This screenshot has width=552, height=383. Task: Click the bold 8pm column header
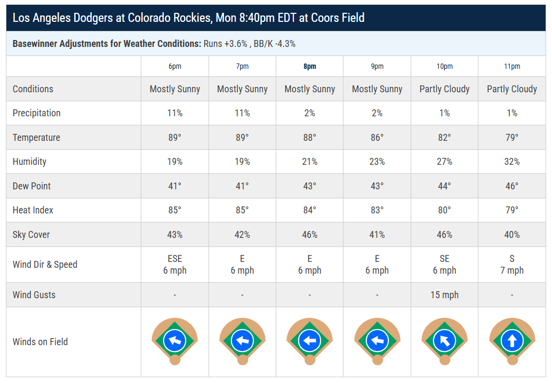(x=310, y=66)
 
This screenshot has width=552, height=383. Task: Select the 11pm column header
(x=512, y=66)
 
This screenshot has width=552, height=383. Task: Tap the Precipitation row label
(x=37, y=113)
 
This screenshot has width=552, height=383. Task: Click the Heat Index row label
(x=33, y=210)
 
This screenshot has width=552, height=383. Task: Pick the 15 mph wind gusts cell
(x=444, y=295)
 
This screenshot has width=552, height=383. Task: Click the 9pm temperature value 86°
(x=377, y=137)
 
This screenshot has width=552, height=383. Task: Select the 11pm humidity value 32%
(x=512, y=162)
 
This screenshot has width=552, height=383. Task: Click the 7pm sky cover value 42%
(x=242, y=235)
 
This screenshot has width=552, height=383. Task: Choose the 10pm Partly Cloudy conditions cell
(x=444, y=89)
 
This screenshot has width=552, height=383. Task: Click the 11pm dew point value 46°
(x=512, y=186)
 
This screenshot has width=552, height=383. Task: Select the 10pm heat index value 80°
(x=444, y=210)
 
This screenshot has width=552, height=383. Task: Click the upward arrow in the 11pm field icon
(x=512, y=341)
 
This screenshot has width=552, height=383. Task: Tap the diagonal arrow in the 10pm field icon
(x=445, y=340)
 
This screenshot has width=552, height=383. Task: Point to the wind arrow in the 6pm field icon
(x=175, y=340)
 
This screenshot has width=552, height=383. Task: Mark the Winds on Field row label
(x=40, y=342)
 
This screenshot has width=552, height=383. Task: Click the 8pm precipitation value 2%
(x=310, y=113)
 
